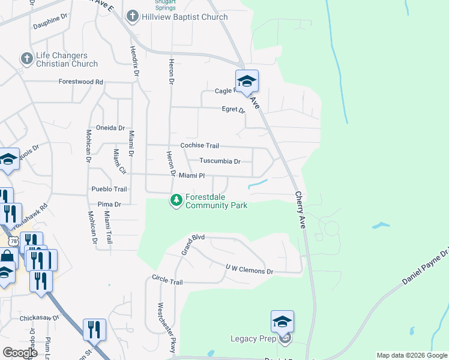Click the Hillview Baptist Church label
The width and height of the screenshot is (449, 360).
point(184,17)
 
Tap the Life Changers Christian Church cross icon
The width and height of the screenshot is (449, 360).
point(26,59)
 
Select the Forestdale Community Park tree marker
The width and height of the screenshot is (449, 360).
point(176,200)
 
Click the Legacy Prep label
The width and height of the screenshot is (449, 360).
point(253,338)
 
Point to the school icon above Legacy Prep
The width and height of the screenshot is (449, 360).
point(282,322)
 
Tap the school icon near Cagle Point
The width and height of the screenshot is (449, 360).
point(246,82)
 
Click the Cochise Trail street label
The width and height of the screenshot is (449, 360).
point(200,146)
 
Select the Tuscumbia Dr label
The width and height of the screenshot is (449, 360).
point(220,161)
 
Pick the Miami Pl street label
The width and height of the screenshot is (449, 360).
point(191,176)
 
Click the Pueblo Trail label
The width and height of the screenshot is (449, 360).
point(109,189)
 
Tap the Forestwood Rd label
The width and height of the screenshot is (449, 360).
point(80,82)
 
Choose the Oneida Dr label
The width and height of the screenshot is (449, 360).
point(110,128)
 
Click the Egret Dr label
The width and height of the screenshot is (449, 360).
point(234,110)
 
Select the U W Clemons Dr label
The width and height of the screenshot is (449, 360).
point(249,270)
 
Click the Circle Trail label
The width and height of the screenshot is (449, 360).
point(167,281)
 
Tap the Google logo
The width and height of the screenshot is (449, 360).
point(20,353)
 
